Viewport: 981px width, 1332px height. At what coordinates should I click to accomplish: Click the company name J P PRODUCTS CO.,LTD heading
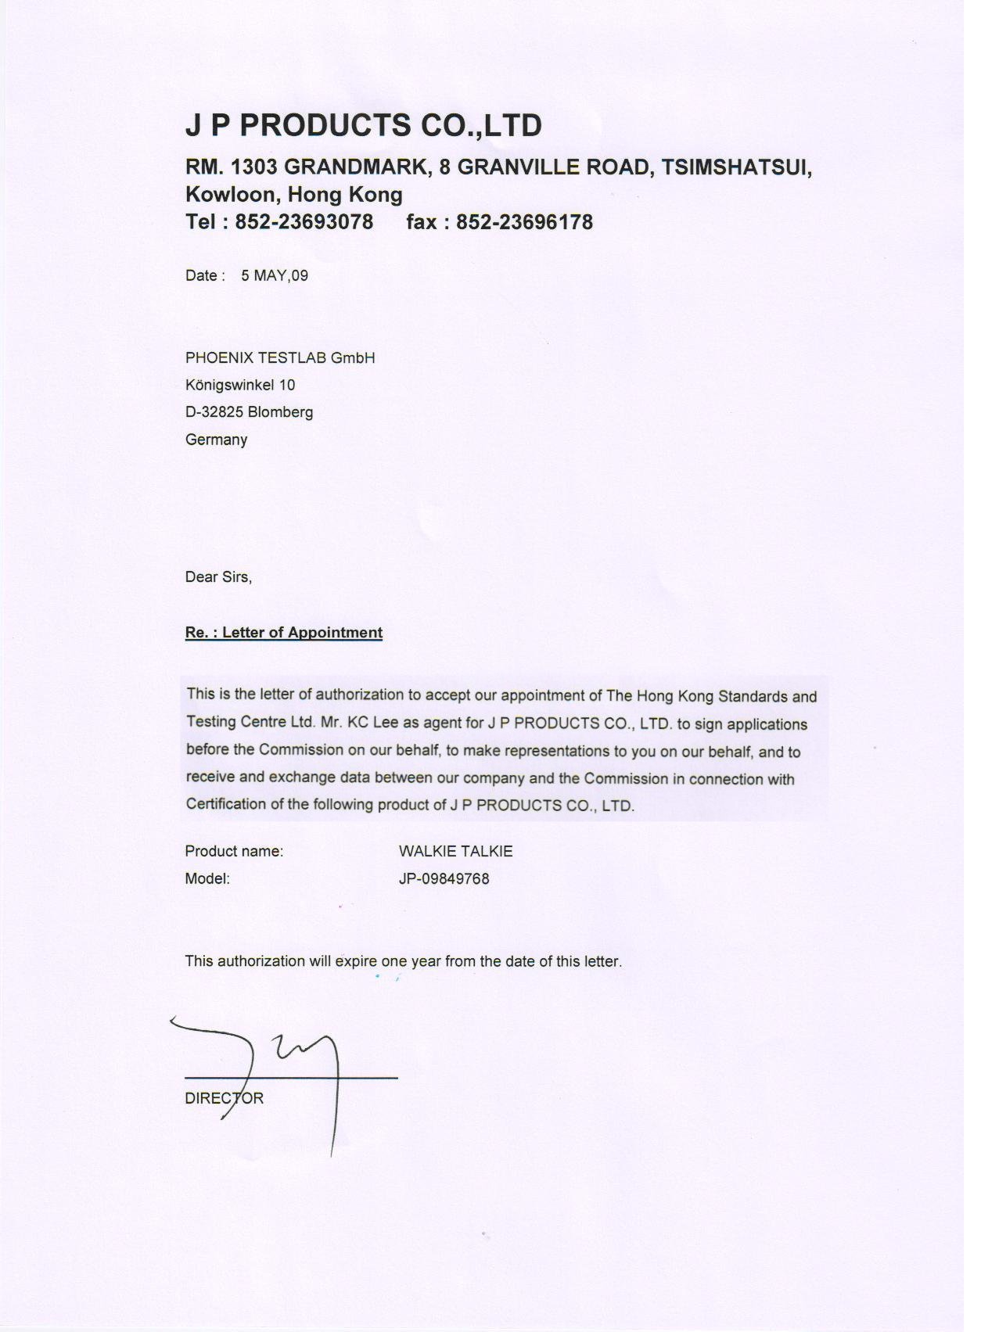(x=363, y=125)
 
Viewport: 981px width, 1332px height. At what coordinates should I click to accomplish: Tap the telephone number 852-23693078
(x=304, y=222)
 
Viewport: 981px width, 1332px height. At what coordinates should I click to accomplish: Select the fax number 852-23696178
(x=524, y=222)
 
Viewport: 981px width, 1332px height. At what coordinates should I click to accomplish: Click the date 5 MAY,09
(x=275, y=275)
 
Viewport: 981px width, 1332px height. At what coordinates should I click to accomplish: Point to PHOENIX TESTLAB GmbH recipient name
(x=280, y=358)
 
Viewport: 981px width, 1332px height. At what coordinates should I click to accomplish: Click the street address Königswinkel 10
(x=240, y=385)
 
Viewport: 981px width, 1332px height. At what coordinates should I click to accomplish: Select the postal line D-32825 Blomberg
(x=249, y=412)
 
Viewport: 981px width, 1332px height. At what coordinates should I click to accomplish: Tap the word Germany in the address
(x=216, y=440)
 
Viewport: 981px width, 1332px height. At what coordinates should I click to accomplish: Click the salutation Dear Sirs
(x=218, y=577)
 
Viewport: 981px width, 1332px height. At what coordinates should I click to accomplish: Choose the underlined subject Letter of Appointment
(x=302, y=633)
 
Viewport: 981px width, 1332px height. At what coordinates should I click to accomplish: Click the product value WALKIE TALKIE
(x=455, y=851)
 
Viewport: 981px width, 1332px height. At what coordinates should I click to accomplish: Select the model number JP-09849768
(x=444, y=878)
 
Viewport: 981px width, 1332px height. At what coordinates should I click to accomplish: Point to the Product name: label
(x=234, y=851)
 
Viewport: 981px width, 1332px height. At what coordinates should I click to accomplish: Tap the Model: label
(x=207, y=878)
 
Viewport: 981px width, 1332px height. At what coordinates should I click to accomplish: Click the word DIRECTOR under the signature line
(x=224, y=1098)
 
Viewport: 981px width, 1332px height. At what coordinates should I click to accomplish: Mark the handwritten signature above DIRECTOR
(x=282, y=1064)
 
